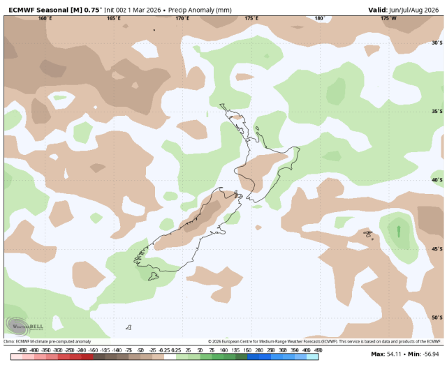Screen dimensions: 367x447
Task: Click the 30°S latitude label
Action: tap(437, 43)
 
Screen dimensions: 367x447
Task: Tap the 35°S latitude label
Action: tap(437, 111)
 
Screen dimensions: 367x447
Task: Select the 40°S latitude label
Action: tap(437, 179)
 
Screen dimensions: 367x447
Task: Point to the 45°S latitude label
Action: tap(437, 248)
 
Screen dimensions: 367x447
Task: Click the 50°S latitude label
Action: tap(437, 317)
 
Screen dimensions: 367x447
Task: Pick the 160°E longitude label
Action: tap(45, 18)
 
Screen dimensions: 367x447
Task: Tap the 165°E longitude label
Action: tap(114, 18)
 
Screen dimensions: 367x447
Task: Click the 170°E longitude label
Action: tap(182, 18)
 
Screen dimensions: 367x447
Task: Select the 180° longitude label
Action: tap(320, 18)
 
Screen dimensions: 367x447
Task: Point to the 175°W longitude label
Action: tap(388, 18)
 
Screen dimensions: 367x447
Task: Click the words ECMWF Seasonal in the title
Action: tap(35, 8)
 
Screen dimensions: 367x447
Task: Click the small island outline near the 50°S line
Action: tap(129, 327)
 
